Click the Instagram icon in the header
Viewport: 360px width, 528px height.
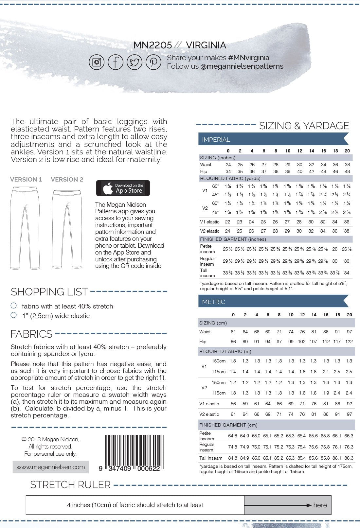pyautogui.click(x=97, y=62)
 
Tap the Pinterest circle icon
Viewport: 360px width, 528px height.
pyautogui.click(x=153, y=62)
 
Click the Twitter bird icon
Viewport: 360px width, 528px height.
pyautogui.click(x=135, y=62)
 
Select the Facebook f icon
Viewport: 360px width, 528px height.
pyautogui.click(x=116, y=62)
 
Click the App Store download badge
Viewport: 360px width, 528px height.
pyautogui.click(x=123, y=188)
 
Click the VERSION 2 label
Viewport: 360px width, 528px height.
pyautogui.click(x=67, y=179)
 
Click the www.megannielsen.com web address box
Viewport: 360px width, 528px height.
pyautogui.click(x=51, y=467)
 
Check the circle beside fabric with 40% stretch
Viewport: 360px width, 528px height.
pyautogui.click(x=14, y=306)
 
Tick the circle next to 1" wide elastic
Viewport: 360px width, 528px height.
pyautogui.click(x=14, y=315)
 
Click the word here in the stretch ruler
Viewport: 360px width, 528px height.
pyautogui.click(x=320, y=505)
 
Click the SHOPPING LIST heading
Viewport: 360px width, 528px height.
pyautogui.click(x=49, y=291)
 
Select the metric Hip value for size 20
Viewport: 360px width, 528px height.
pyautogui.click(x=349, y=342)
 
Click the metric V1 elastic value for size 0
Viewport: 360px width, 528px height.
pyautogui.click(x=233, y=404)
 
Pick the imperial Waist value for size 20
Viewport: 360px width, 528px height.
pyautogui.click(x=347, y=165)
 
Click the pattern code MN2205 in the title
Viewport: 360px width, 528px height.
pyautogui.click(x=153, y=45)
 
